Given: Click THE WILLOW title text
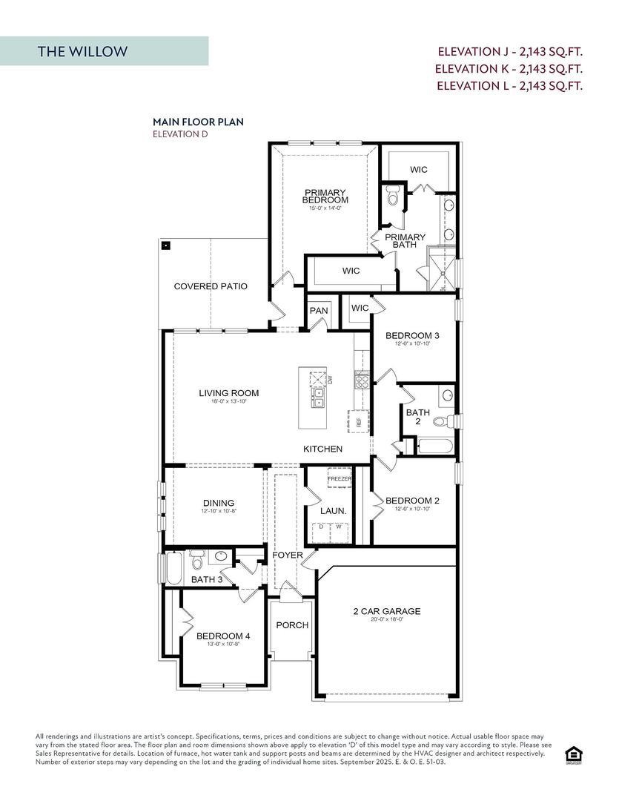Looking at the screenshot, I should (82, 51).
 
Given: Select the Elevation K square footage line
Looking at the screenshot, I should (509, 68).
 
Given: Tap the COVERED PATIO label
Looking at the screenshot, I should (211, 286).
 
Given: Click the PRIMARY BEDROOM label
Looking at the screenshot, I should (325, 197).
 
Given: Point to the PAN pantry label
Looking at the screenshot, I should (319, 310).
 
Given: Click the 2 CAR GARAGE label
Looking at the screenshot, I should (386, 611).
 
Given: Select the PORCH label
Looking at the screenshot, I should (292, 625).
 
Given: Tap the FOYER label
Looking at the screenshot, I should (287, 555).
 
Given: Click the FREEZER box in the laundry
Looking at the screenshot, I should (340, 479).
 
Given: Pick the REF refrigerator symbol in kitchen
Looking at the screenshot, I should (358, 421).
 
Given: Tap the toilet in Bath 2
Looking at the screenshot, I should (443, 421).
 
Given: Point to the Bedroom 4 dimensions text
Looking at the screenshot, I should (223, 644).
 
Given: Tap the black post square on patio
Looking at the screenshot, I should (166, 245).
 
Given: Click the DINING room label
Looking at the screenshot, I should (218, 503).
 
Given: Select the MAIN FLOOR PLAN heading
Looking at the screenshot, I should (198, 122).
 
